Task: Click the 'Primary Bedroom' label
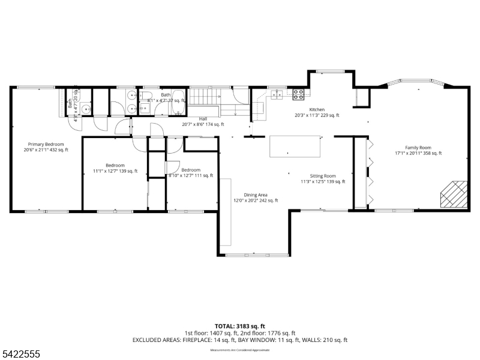click(46, 144)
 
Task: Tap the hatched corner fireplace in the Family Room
click(453, 194)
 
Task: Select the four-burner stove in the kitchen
click(298, 94)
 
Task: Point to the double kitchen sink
click(277, 94)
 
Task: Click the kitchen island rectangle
click(295, 146)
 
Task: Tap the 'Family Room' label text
click(418, 148)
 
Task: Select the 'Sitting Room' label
click(323, 176)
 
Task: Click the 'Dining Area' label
click(256, 195)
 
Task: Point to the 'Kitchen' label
click(317, 110)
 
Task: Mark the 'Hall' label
click(203, 119)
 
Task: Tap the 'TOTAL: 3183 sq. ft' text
click(240, 326)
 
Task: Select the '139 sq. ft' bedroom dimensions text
click(115, 171)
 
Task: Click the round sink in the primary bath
click(86, 109)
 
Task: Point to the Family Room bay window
click(416, 83)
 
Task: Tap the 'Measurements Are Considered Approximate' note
click(240, 349)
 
